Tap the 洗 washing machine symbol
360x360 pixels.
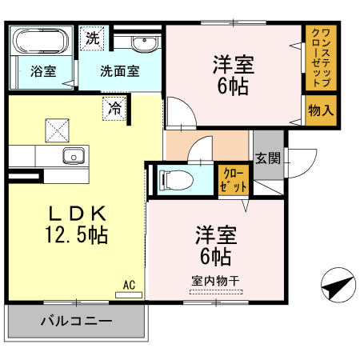pyautogui.click(x=93, y=38)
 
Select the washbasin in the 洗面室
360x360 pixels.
pyautogui.click(x=144, y=44)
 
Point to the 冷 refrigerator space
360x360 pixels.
pyautogui.click(x=114, y=109)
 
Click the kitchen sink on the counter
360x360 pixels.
pyautogui.click(x=74, y=156)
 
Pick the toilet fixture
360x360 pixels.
pyautogui.click(x=175, y=180)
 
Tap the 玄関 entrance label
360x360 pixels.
pyautogui.click(x=268, y=158)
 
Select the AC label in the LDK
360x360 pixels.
pyautogui.click(x=129, y=285)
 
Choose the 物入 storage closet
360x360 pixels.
pyautogui.click(x=321, y=110)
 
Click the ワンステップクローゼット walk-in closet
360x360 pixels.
pyautogui.click(x=321, y=58)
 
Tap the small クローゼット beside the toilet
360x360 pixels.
pyautogui.click(x=234, y=180)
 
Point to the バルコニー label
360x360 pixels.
pyautogui.click(x=76, y=321)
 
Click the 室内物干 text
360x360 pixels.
pyautogui.click(x=215, y=281)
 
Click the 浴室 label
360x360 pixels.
pyautogui.click(x=43, y=71)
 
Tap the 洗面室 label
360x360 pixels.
pyautogui.click(x=120, y=71)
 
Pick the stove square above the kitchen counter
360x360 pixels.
pyautogui.click(x=57, y=130)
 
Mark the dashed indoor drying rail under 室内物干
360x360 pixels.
pyautogui.click(x=216, y=292)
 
